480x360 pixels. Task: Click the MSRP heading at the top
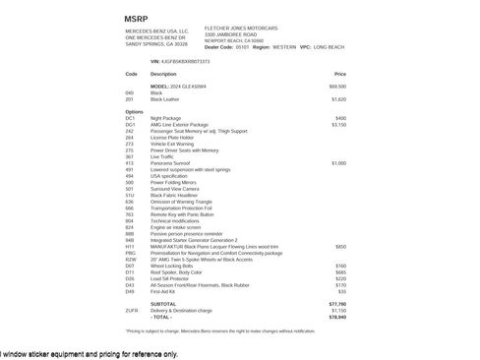pyautogui.click(x=137, y=19)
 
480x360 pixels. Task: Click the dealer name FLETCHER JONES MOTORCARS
pyautogui.click(x=219, y=30)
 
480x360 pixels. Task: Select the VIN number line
pyautogui.click(x=181, y=61)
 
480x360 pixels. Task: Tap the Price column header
pyautogui.click(x=340, y=74)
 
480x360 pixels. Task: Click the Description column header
pyautogui.click(x=163, y=74)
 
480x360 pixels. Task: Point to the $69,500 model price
pyautogui.click(x=337, y=87)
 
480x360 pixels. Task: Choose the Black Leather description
pyautogui.click(x=166, y=98)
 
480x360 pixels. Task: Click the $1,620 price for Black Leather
pyautogui.click(x=339, y=98)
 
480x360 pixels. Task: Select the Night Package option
pyautogui.click(x=166, y=118)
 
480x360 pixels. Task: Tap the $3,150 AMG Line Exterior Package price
pyautogui.click(x=339, y=124)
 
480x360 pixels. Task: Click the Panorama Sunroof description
pyautogui.click(x=173, y=162)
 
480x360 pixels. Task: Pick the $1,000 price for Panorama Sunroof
pyautogui.click(x=339, y=162)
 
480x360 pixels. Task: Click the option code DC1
pyautogui.click(x=131, y=118)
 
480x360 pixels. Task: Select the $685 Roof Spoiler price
pyautogui.click(x=340, y=271)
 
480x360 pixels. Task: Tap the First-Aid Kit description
pyautogui.click(x=164, y=291)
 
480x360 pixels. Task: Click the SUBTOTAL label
pyautogui.click(x=164, y=304)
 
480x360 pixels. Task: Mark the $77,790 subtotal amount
pyautogui.click(x=337, y=304)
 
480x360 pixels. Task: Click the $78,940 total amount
pyautogui.click(x=337, y=317)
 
